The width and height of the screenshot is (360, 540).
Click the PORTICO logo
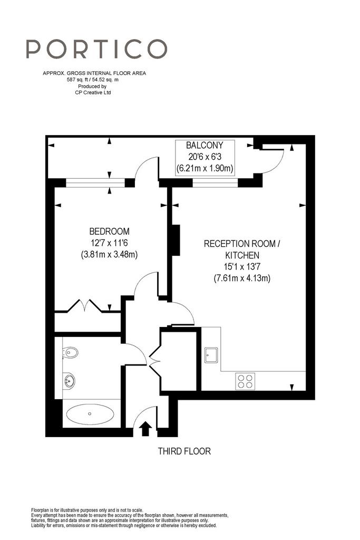(x=96, y=49)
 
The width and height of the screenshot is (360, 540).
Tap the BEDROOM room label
(x=110, y=231)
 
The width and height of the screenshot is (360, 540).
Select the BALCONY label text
(x=205, y=145)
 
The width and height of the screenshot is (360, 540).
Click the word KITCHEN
(x=242, y=255)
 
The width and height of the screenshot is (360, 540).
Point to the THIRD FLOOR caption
(x=184, y=451)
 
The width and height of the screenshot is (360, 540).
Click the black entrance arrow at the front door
(x=146, y=429)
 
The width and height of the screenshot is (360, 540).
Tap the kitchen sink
(x=211, y=355)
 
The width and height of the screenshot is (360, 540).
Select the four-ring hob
(x=245, y=381)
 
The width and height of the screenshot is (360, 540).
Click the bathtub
(x=90, y=413)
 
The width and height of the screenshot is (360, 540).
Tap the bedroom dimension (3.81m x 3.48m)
(x=110, y=255)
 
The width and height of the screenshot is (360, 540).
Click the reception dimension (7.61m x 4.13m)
(x=242, y=278)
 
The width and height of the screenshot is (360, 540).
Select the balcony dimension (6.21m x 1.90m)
(x=205, y=168)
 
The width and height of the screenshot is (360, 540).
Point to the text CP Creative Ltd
(x=93, y=92)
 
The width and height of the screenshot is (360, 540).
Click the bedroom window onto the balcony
(x=95, y=182)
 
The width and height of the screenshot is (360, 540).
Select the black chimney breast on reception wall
(x=176, y=240)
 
